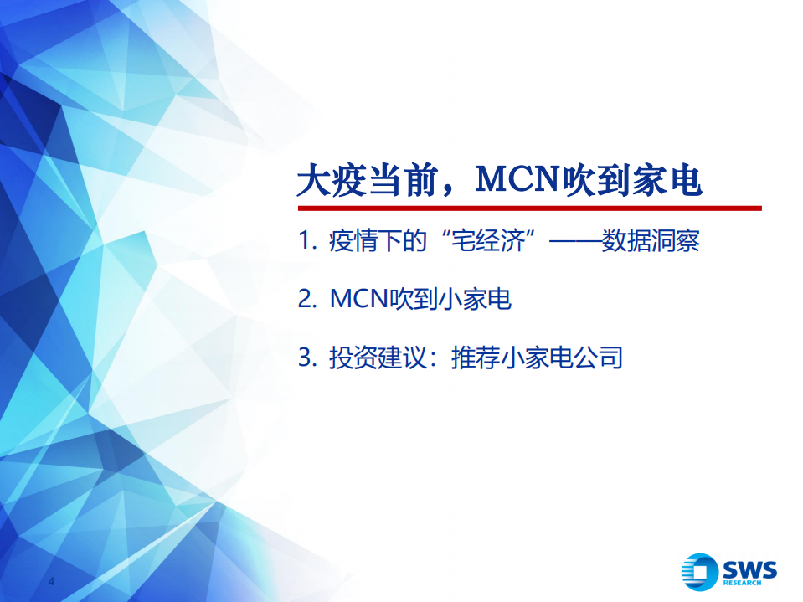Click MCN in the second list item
(356, 300)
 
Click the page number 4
(52, 582)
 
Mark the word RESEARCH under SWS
(743, 583)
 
